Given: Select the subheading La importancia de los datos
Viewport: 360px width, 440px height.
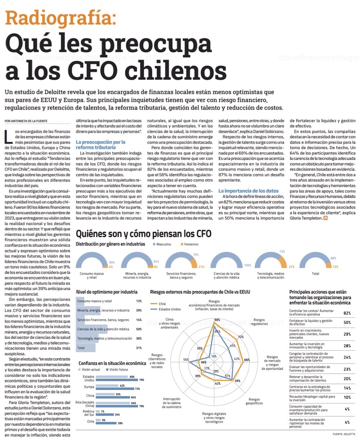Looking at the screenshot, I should pyautogui.click(x=248, y=191).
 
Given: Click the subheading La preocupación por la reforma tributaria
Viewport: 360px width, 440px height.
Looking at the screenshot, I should pyautogui.click(x=100, y=144).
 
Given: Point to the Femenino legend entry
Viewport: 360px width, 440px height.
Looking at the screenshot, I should pyautogui.click(x=189, y=244).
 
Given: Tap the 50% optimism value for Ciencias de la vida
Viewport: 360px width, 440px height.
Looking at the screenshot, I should pyautogui.click(x=139, y=329).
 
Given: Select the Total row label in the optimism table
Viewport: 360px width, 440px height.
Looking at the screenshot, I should pyautogui.click(x=81, y=348).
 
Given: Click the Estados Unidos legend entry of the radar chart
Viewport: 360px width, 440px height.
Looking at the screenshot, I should pyautogui.click(x=170, y=309).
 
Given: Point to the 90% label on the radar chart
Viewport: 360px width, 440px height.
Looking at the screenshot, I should pyautogui.click(x=217, y=320).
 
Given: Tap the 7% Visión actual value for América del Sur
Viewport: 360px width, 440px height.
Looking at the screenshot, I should pyautogui.click(x=102, y=411).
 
